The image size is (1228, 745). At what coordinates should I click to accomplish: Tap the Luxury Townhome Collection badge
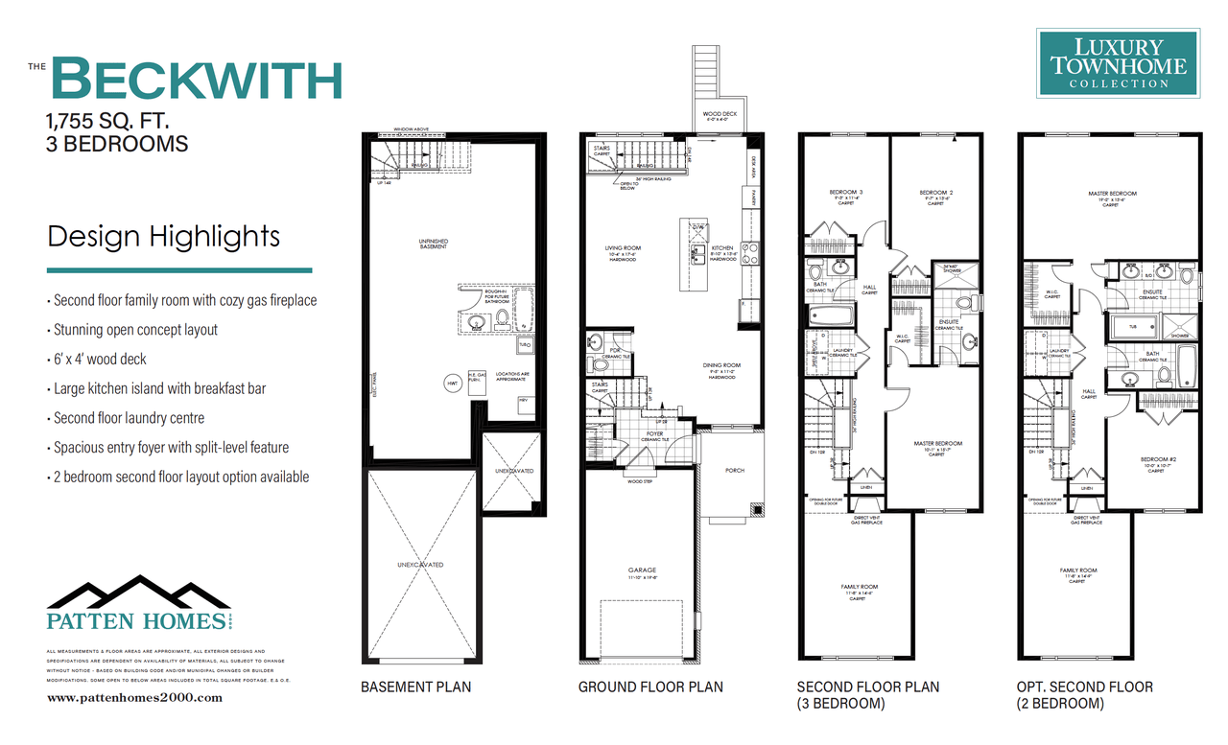(x=1118, y=63)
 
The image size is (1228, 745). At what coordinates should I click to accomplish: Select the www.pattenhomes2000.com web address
(x=134, y=698)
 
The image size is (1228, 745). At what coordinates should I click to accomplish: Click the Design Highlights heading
(x=164, y=236)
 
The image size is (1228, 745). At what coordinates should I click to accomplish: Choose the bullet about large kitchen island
(x=159, y=388)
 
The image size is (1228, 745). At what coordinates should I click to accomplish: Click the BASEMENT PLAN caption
(x=415, y=687)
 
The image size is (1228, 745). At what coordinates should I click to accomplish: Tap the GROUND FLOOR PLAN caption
(x=650, y=687)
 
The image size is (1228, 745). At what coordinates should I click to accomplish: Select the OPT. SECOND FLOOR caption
(x=1085, y=687)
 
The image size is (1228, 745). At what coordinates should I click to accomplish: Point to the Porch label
(x=735, y=470)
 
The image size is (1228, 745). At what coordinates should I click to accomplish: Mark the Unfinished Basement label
(x=433, y=244)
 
